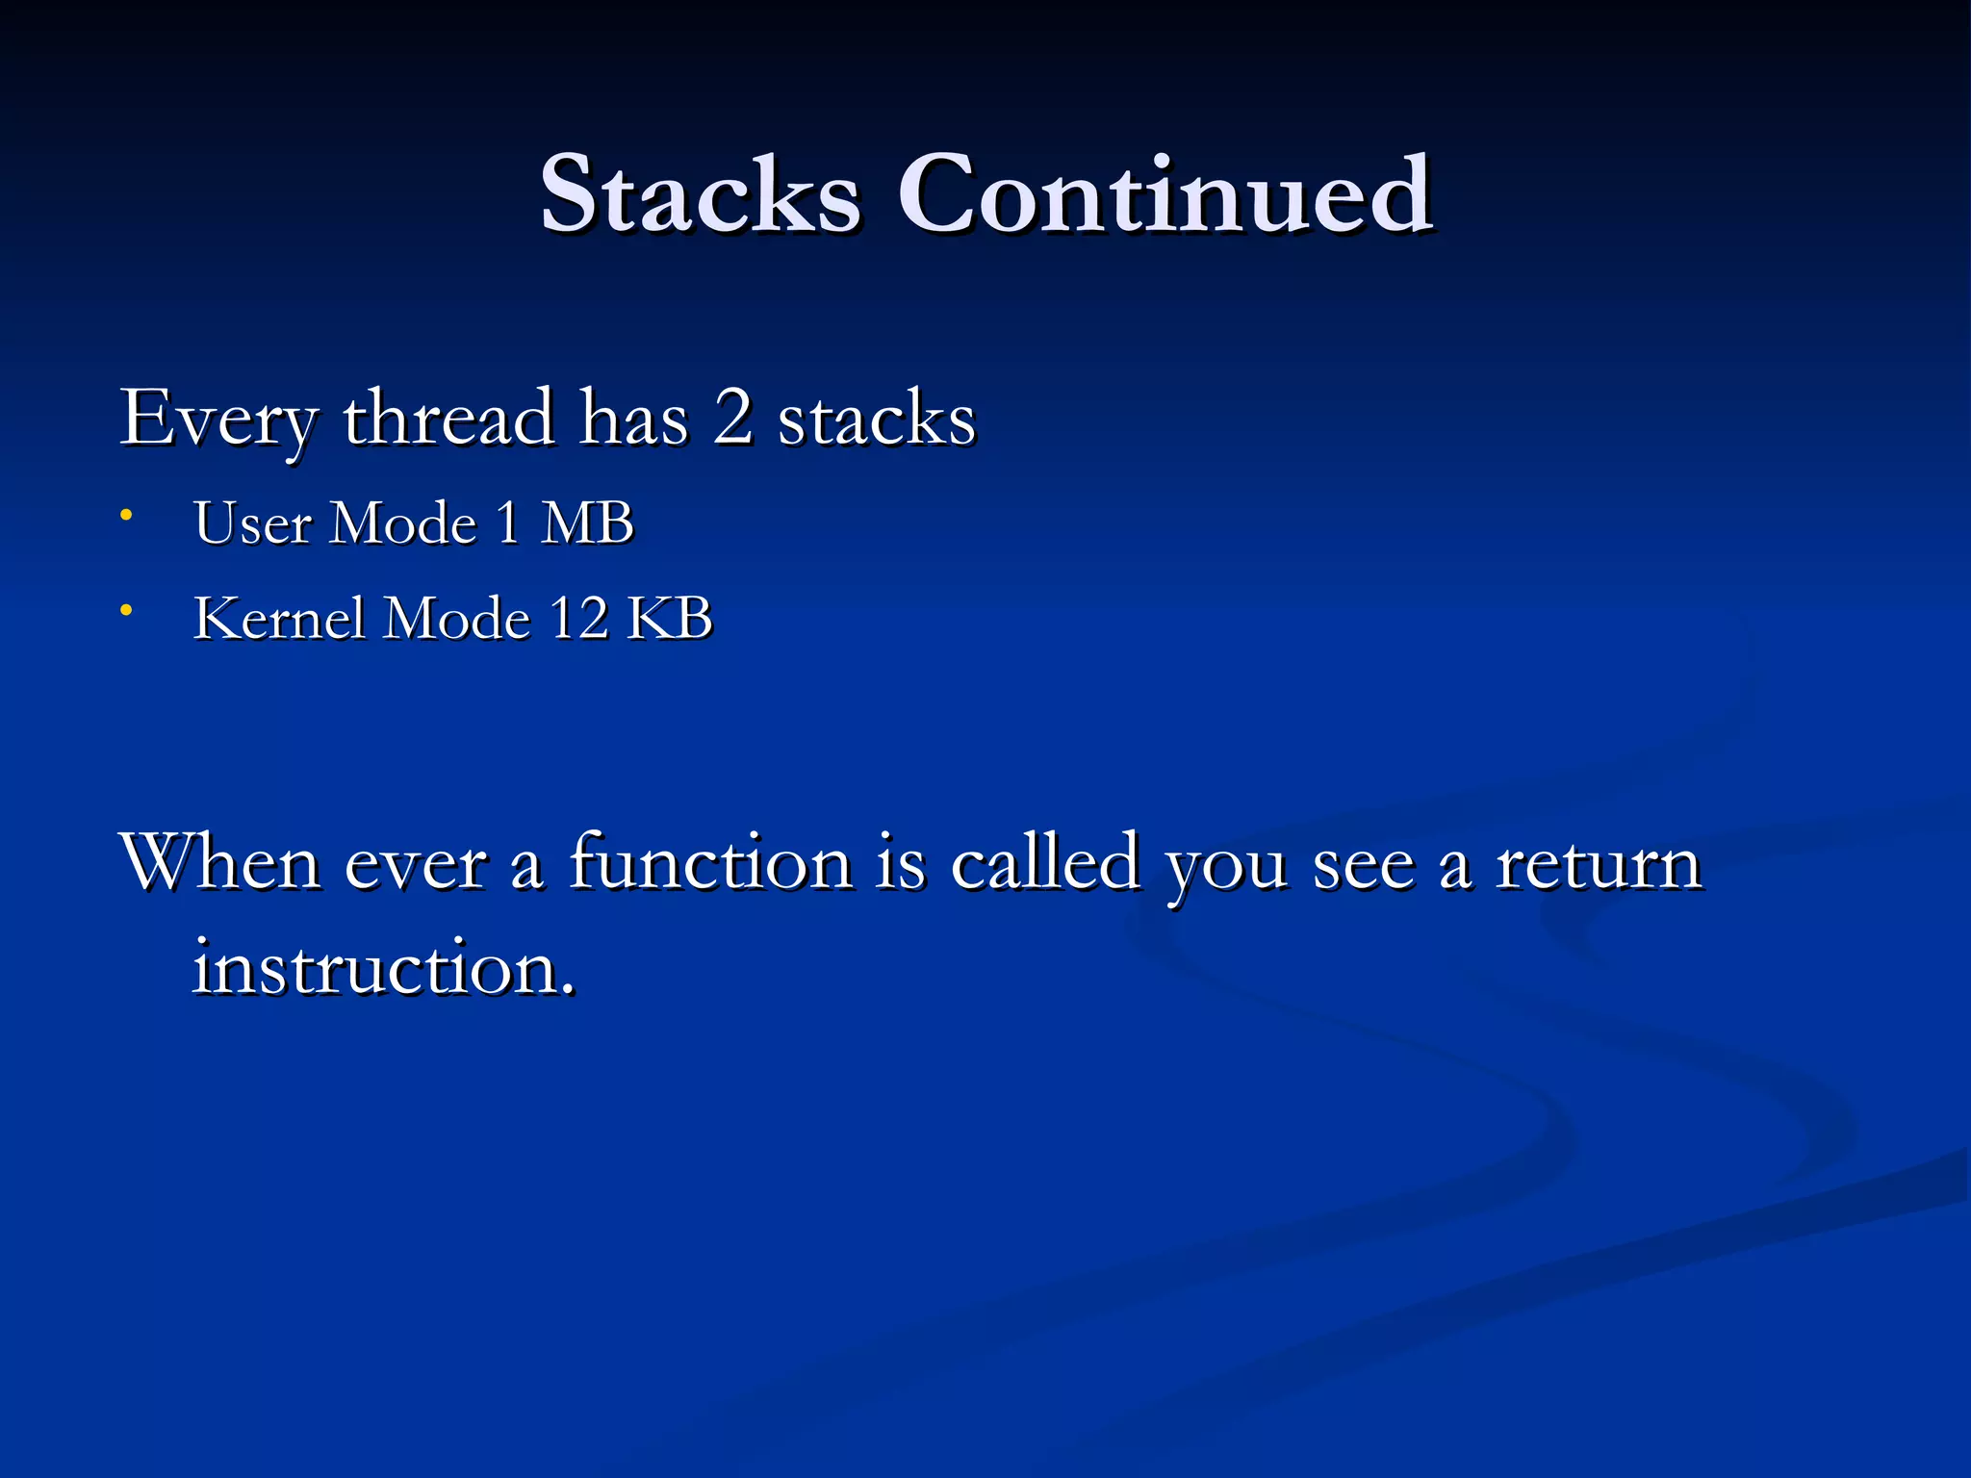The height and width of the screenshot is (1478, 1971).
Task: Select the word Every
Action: tap(218, 420)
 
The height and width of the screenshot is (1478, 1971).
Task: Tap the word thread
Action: tap(448, 419)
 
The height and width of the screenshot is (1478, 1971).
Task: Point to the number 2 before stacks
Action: tap(732, 419)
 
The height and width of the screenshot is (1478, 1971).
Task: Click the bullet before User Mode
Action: tap(125, 516)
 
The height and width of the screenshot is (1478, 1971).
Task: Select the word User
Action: tap(252, 524)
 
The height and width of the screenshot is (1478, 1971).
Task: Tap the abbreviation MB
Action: tap(586, 524)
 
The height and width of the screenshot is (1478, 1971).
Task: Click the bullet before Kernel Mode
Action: tap(125, 610)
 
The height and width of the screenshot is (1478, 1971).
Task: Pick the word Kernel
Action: tap(280, 618)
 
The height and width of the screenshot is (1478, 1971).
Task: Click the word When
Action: tap(220, 862)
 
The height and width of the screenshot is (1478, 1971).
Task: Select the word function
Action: tap(710, 862)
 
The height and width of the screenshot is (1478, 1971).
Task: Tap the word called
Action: tap(1046, 862)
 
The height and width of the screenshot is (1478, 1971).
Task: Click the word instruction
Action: tap(383, 968)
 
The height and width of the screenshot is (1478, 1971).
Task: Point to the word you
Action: tap(1226, 868)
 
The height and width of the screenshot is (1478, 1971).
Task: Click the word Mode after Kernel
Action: tap(457, 618)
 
